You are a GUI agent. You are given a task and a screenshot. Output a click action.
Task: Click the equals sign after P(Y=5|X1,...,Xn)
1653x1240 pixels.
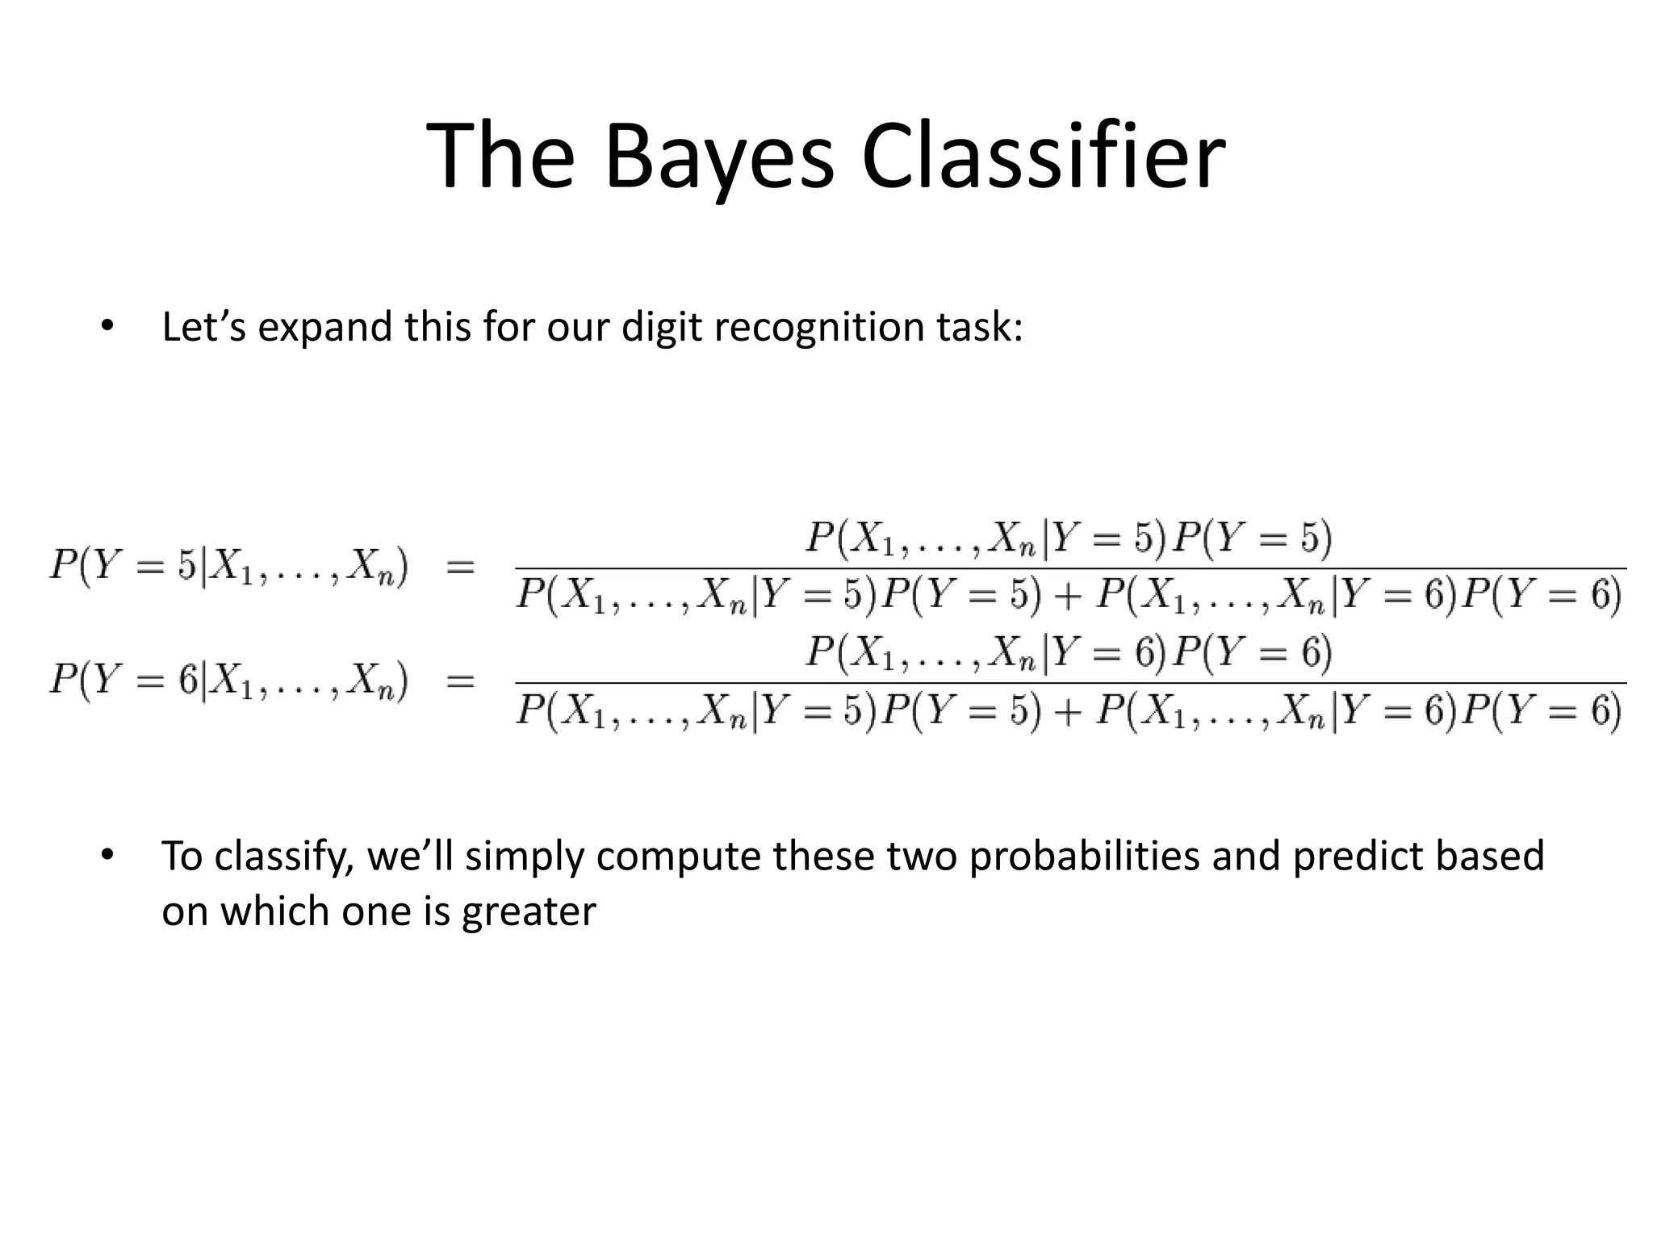pos(460,567)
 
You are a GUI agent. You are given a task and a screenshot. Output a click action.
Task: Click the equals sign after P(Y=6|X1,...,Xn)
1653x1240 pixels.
pos(460,681)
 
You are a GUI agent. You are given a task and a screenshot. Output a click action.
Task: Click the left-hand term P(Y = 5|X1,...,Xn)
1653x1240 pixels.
pos(229,565)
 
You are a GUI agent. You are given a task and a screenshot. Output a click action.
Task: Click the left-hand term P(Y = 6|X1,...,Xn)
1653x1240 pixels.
pos(229,680)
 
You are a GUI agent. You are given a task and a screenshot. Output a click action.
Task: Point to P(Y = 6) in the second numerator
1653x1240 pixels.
pos(1251,652)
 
